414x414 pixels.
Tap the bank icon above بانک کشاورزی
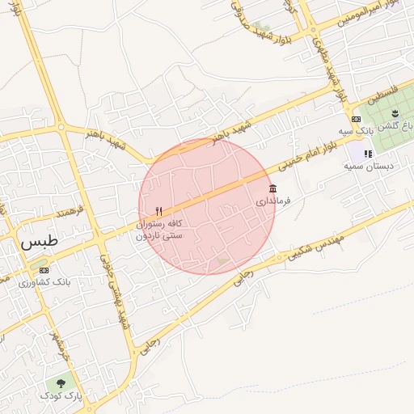(x=44, y=271)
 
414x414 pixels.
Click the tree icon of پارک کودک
(x=61, y=383)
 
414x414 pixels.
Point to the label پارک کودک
(x=61, y=395)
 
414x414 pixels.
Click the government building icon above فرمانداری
(x=272, y=188)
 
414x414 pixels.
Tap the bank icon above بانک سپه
(x=356, y=119)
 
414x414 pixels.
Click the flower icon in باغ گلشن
(x=395, y=112)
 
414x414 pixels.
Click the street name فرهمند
(x=70, y=212)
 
